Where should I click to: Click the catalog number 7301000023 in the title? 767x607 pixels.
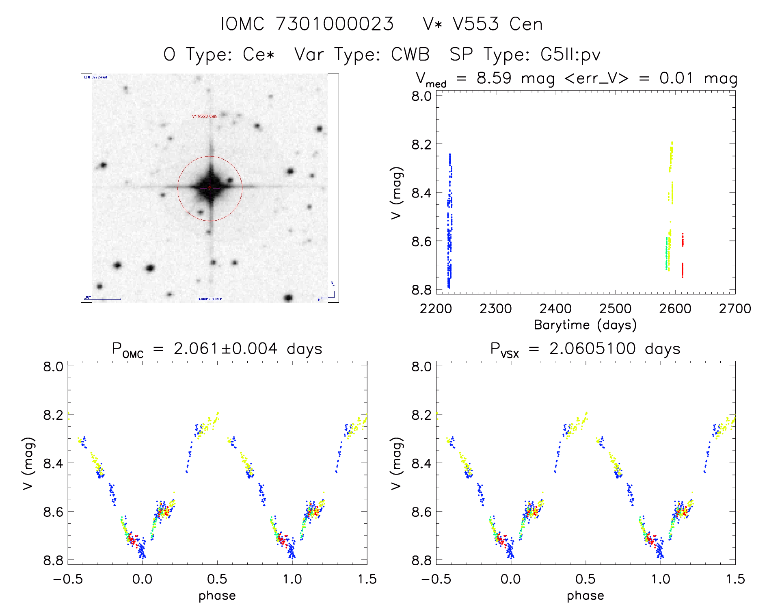(335, 24)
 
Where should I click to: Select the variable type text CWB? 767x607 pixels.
(410, 54)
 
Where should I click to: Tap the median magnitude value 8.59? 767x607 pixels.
(494, 78)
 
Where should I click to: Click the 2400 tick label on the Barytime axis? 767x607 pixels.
(555, 309)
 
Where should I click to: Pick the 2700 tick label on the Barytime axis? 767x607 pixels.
(735, 309)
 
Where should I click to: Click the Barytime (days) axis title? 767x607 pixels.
(585, 325)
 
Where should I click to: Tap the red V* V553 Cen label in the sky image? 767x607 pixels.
(204, 116)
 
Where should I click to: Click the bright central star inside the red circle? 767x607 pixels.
(210, 188)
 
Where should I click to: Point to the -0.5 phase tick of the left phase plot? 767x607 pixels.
(68, 579)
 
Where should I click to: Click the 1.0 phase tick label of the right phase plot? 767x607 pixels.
(661, 579)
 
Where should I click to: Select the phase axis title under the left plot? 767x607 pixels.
(217, 596)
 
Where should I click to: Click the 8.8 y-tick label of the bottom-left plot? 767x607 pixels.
(53, 560)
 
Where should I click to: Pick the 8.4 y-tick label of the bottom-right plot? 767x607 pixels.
(421, 463)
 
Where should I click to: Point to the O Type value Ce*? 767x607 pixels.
(259, 54)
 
